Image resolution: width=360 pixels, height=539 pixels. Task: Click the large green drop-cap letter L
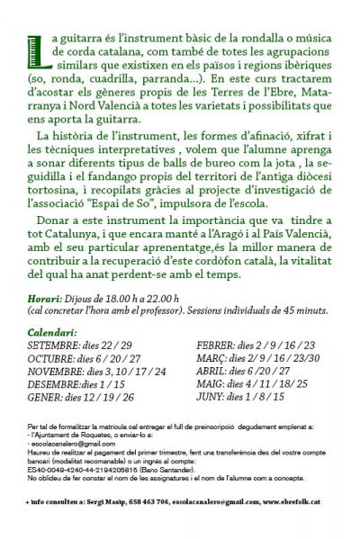[x=35, y=49]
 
